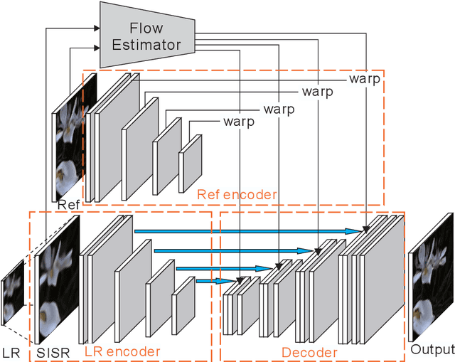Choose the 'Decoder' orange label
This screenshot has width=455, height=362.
(x=309, y=351)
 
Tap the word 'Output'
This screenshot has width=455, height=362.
(x=432, y=349)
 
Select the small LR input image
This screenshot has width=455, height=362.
(x=12, y=292)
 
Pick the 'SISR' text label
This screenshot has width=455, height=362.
(x=50, y=351)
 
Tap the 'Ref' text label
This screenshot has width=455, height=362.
(x=68, y=205)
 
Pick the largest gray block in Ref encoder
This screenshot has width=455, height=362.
(x=117, y=135)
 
